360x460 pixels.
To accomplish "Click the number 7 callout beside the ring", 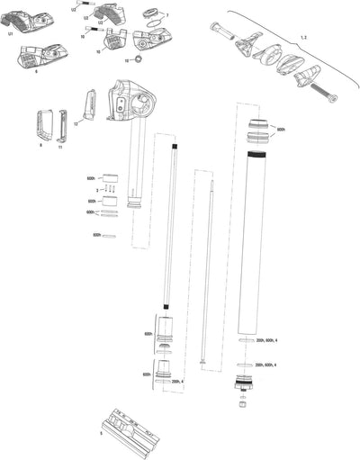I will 166,16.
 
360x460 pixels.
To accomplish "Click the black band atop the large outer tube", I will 256,157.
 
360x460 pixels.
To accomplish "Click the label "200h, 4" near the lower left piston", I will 176,382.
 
